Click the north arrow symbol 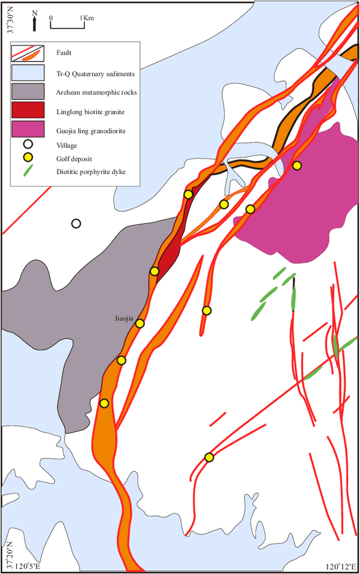click(x=35, y=21)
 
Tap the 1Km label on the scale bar click(x=87, y=18)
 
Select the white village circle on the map click(x=76, y=223)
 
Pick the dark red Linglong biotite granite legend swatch click(x=28, y=111)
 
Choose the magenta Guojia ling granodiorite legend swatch click(x=28, y=130)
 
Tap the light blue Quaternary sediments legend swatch click(x=28, y=73)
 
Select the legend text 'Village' click(x=66, y=145)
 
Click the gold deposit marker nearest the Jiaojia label click(x=139, y=323)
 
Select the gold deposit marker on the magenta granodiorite click(x=296, y=165)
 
